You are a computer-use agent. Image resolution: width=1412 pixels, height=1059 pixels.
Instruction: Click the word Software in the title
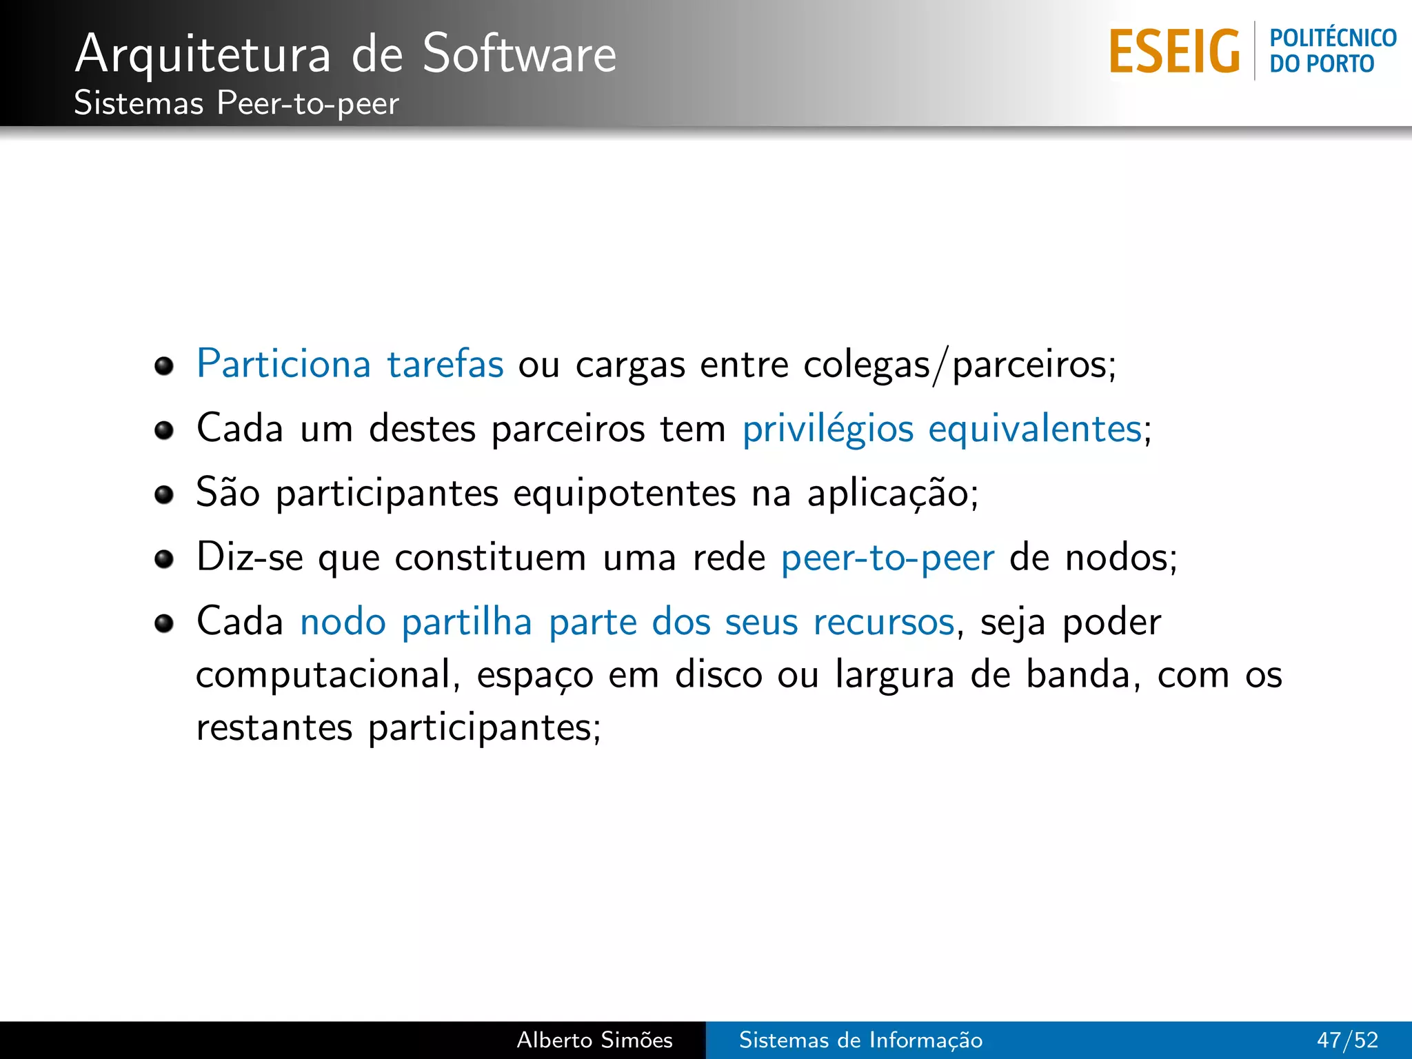[519, 54]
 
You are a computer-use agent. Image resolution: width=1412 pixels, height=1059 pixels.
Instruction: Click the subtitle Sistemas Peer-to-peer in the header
[236, 103]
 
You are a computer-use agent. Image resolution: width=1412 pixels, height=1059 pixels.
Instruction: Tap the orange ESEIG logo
[1174, 52]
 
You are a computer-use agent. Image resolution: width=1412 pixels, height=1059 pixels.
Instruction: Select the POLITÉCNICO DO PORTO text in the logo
[1332, 51]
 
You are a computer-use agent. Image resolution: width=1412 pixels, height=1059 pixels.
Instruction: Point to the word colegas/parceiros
[959, 365]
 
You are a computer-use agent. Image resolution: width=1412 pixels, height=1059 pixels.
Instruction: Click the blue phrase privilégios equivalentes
[942, 429]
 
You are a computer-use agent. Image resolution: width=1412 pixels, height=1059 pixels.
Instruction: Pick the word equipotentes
[624, 494]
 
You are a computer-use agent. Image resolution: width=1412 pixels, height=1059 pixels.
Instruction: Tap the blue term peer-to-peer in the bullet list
[887, 558]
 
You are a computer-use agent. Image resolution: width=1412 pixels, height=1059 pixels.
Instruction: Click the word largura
[894, 675]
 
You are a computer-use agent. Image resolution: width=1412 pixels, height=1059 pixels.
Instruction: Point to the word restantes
[274, 728]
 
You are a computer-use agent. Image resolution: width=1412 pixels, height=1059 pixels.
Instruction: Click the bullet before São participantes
[164, 494]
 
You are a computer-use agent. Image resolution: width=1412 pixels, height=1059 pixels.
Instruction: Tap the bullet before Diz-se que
[164, 558]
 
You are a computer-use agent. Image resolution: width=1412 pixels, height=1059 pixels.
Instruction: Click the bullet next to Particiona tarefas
[164, 365]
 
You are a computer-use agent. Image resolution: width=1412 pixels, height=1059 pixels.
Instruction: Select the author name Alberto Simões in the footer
[594, 1040]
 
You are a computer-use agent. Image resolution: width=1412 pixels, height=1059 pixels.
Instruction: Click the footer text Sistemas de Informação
[860, 1040]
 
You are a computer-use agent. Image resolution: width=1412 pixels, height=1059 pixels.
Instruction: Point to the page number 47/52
[1347, 1040]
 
